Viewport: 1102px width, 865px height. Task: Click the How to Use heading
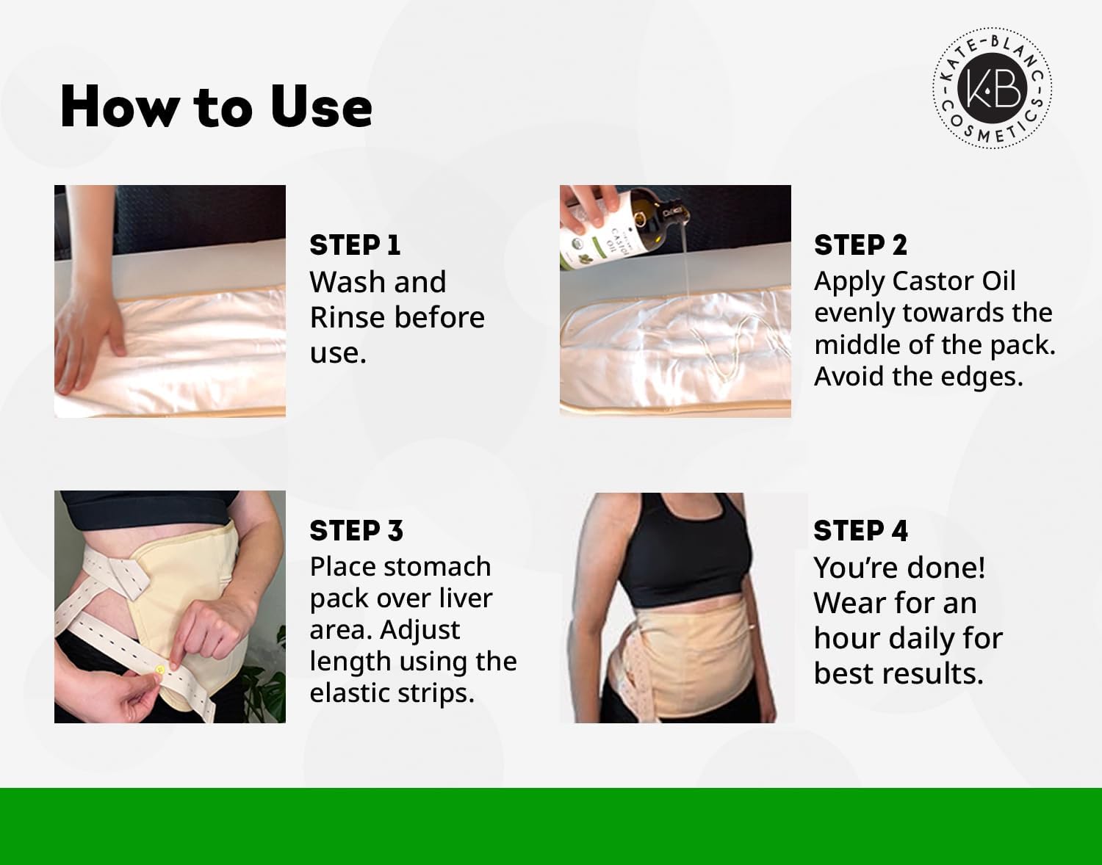click(216, 107)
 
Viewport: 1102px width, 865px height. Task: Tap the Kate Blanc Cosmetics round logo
click(992, 88)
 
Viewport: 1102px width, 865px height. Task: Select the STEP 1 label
click(355, 245)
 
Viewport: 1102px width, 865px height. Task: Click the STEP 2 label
click(860, 245)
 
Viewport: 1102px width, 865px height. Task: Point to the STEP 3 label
click(356, 531)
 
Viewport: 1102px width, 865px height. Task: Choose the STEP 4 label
click(860, 531)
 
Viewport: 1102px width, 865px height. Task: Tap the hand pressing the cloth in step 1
click(89, 325)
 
